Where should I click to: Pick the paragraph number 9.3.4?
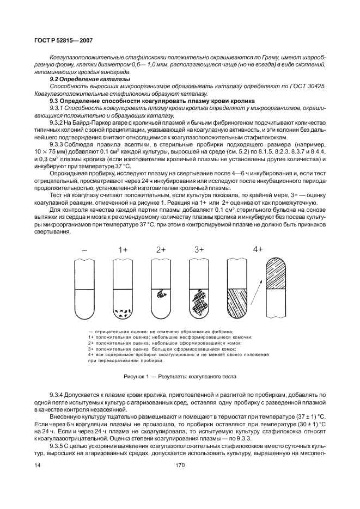[58, 394]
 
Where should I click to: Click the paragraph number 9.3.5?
[58, 445]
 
